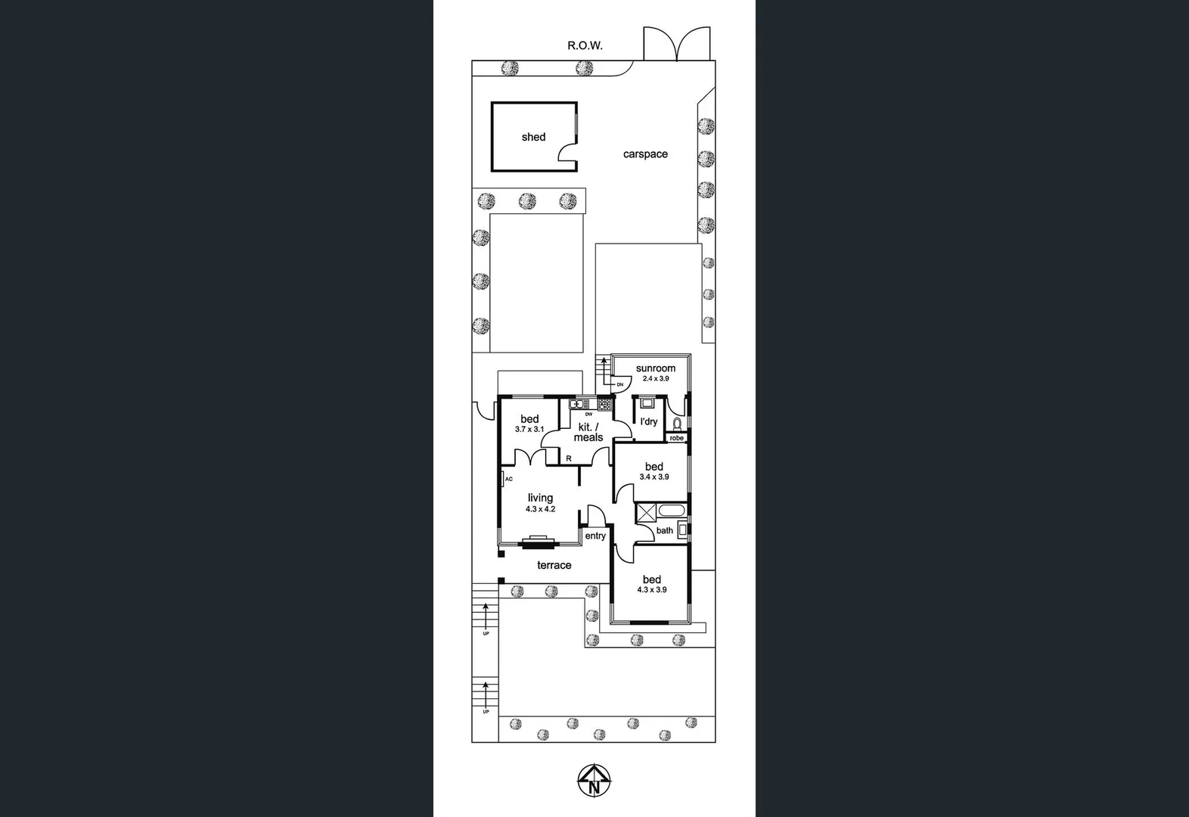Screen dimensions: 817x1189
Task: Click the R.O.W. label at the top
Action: pos(585,45)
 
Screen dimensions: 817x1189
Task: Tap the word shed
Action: pos(533,137)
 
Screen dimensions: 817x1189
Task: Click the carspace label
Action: pos(645,154)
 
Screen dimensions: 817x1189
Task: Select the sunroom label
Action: pos(656,368)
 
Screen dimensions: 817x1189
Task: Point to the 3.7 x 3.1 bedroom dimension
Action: pos(529,429)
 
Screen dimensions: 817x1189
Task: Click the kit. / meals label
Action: pos(588,432)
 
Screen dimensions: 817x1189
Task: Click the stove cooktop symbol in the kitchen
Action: pos(604,405)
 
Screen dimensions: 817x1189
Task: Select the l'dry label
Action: pos(649,421)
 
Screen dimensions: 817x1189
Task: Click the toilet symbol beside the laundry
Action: pos(678,423)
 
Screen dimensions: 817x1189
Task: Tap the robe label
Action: pos(676,438)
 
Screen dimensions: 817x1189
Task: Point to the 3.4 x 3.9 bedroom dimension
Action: pos(654,477)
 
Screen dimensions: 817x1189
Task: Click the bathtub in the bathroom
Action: pos(671,511)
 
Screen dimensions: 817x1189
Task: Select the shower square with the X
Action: pos(646,512)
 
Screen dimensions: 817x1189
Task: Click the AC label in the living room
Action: pos(509,479)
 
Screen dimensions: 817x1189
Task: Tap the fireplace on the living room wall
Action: pos(539,540)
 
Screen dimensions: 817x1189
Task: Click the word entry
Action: pos(595,536)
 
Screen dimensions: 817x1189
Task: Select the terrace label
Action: pos(554,565)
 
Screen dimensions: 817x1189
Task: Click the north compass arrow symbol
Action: pos(594,779)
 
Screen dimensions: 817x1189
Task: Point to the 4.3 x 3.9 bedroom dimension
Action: pos(652,590)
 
